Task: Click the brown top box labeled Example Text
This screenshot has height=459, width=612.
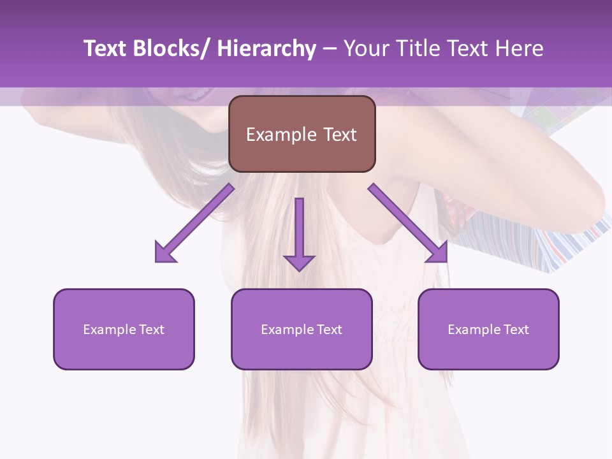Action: click(x=302, y=134)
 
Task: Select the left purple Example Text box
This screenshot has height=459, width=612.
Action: click(x=124, y=329)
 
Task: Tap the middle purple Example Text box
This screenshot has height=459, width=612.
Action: click(x=301, y=329)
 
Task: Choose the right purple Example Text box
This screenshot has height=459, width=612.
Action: click(x=488, y=329)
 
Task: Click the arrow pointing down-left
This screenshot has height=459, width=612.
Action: click(x=194, y=223)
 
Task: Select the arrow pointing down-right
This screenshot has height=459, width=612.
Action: click(x=408, y=223)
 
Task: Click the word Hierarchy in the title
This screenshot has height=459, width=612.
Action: click(x=266, y=49)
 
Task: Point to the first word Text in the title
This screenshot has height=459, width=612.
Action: click(x=106, y=49)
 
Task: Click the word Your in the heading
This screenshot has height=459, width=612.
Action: click(x=365, y=49)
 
